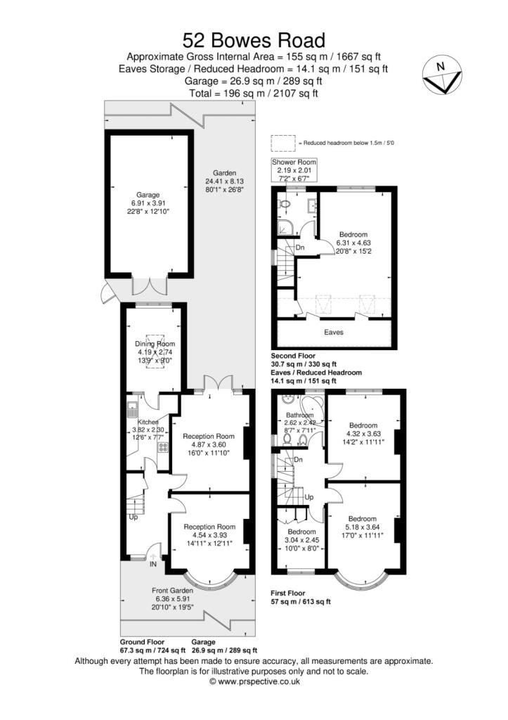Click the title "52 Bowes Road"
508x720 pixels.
tap(254, 39)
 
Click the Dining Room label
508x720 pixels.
tap(153, 344)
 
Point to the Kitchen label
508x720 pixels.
tap(148, 422)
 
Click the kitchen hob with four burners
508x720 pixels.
tap(163, 446)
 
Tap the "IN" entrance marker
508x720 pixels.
tap(154, 562)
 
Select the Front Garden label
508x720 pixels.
tap(172, 591)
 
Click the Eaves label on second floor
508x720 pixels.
tap(334, 332)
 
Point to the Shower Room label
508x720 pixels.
tap(294, 162)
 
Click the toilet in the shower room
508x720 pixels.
tap(285, 204)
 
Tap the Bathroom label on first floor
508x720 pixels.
tap(298, 415)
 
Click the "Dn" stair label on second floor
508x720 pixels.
tap(300, 247)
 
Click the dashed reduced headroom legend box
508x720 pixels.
tap(283, 143)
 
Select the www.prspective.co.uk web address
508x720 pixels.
tap(254, 681)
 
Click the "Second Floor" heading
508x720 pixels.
tap(294, 356)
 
